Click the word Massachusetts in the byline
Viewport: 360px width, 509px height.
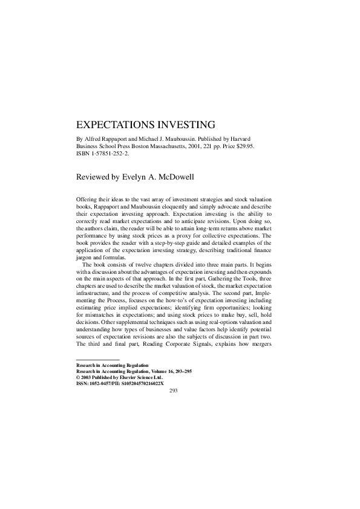(x=175, y=146)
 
